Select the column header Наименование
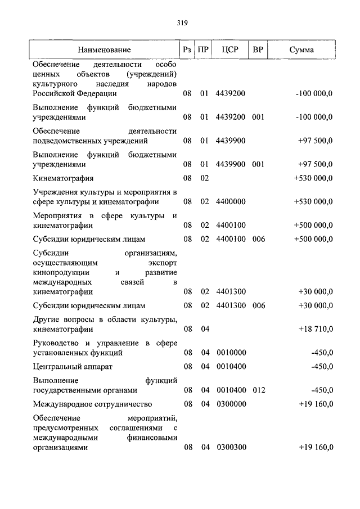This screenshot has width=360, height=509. coord(104,50)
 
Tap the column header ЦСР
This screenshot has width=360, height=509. coord(230,50)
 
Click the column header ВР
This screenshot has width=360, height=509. coord(258,50)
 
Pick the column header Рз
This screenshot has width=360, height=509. coord(187,50)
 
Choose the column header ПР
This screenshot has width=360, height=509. coord(204,50)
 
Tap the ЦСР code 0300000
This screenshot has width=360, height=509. coord(231,404)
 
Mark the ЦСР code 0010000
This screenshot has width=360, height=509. coord(231,353)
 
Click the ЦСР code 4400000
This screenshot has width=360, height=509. coord(231,201)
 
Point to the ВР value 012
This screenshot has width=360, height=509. coord(258,390)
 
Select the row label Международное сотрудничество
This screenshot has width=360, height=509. coord(92,404)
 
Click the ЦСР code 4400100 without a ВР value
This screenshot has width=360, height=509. coord(231,225)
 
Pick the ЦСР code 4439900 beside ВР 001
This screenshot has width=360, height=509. coord(231,164)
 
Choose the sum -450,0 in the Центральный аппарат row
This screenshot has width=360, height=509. coord(322,366)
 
